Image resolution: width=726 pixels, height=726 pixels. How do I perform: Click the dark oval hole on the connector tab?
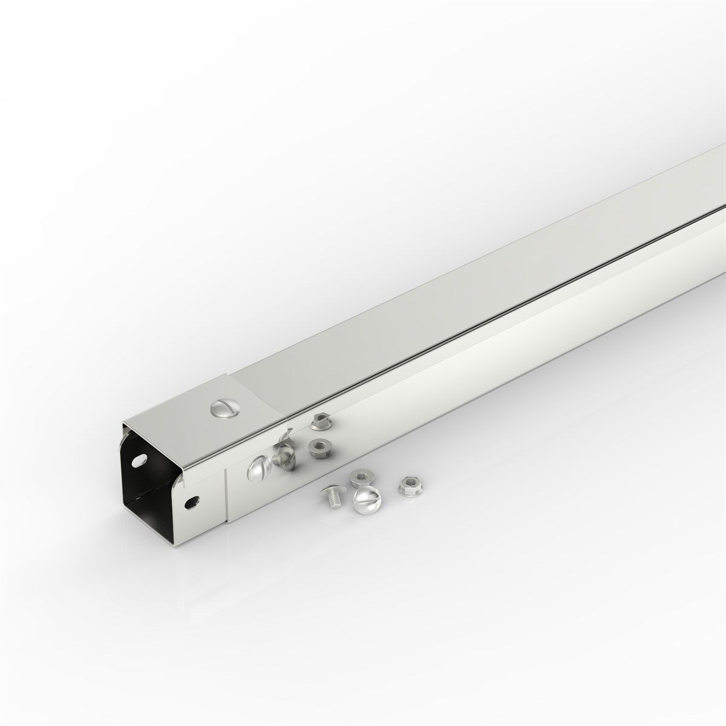(194, 501)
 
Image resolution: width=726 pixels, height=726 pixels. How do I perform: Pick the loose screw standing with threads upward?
(330, 497)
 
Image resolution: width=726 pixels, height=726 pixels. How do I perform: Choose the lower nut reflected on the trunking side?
(318, 448)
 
